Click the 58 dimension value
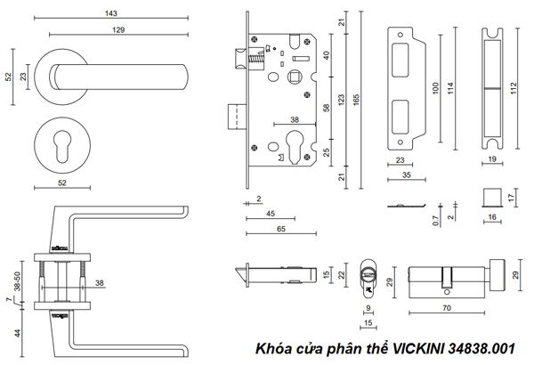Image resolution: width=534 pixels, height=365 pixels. tap(327, 108)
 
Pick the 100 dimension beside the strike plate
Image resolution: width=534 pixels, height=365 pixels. tap(436, 89)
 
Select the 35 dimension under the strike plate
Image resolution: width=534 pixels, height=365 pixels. tap(405, 176)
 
